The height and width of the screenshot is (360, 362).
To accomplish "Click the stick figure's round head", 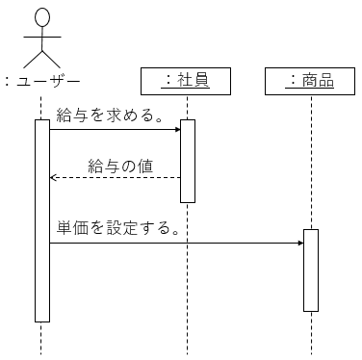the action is [x=42, y=17].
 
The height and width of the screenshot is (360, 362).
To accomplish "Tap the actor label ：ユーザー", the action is [x=42, y=82].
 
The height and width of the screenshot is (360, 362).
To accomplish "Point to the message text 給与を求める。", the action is [x=109, y=116].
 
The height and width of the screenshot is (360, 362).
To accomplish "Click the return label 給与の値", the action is [x=120, y=167].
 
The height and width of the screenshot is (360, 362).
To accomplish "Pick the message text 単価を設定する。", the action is [x=117, y=228].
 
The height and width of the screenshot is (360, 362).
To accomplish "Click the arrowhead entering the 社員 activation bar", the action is [x=178, y=130].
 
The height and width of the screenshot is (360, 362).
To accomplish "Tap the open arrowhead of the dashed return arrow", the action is [x=53, y=177].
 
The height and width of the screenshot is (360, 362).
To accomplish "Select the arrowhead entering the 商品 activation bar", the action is [x=301, y=243].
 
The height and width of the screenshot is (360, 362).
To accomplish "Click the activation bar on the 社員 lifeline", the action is [x=188, y=161].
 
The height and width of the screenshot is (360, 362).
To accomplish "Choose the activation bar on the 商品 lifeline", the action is [x=311, y=270].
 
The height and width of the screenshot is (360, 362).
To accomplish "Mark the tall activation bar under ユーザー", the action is [x=42, y=220].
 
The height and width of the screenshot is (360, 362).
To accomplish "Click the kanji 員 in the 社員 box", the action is [x=201, y=80].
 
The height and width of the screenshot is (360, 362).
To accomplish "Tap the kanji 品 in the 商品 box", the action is [x=326, y=80].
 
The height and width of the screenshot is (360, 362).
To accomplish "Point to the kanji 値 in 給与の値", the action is [x=145, y=167].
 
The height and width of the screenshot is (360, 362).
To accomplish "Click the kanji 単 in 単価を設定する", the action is [x=65, y=228].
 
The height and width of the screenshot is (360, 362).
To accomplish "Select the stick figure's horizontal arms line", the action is [x=42, y=37].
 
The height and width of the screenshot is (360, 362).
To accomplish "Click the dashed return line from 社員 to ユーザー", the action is [x=116, y=177].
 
